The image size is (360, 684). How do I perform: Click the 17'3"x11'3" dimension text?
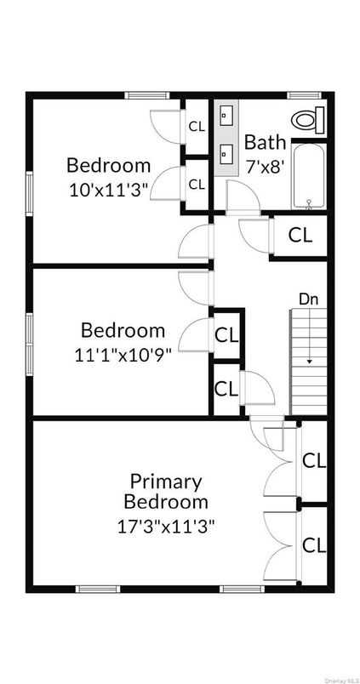(166, 525)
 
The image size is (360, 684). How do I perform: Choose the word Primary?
(166, 482)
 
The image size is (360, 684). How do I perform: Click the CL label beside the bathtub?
(300, 235)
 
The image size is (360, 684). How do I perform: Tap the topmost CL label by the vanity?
(197, 127)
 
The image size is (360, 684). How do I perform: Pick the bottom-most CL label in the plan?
(314, 545)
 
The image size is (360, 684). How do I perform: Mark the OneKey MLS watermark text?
(336, 678)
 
